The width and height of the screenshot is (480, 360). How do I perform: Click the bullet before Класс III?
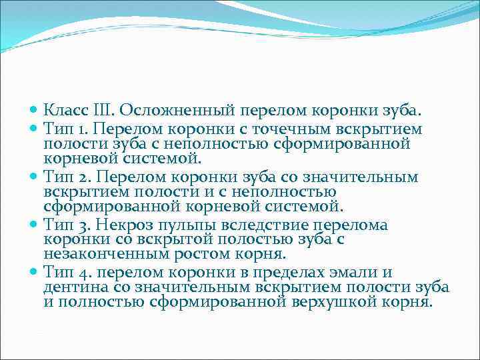(x=35, y=109)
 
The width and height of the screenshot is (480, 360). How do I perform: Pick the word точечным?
(x=315, y=127)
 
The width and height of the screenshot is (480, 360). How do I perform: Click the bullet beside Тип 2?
(x=35, y=177)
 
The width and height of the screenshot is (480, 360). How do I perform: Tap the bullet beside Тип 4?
(x=35, y=272)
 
